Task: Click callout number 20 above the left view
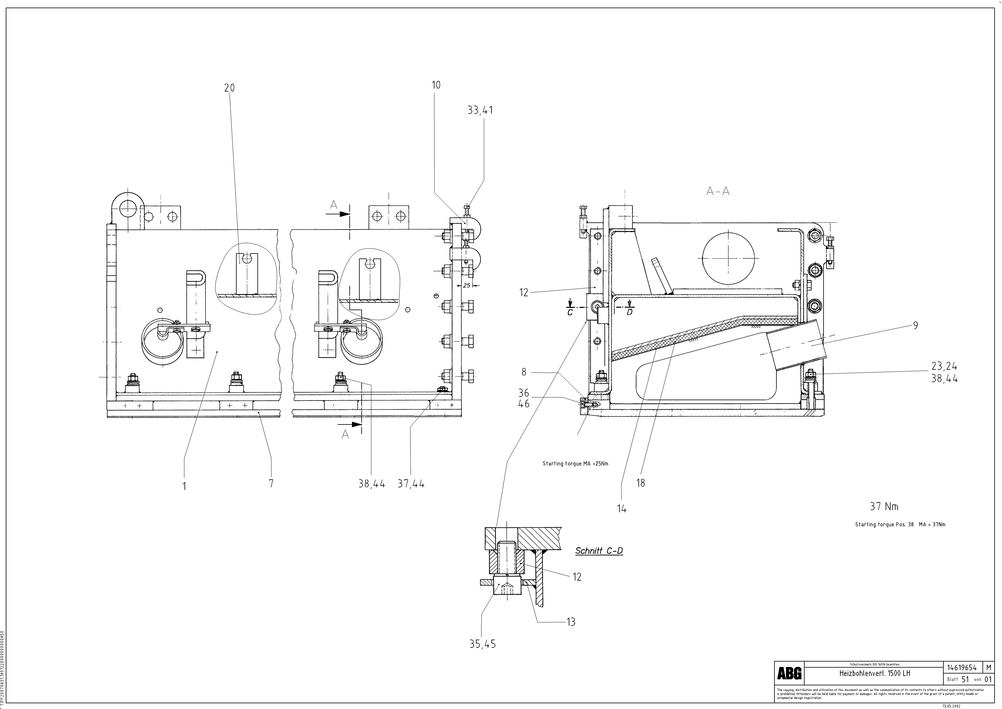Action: coord(229,88)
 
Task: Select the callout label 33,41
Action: coord(480,111)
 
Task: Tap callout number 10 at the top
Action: coord(436,85)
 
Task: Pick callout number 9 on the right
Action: coord(915,325)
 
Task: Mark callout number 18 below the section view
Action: coord(641,483)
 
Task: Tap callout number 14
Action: coord(621,508)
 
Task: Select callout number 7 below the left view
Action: coord(271,483)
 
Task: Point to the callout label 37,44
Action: coord(411,484)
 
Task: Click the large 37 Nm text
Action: coord(884,506)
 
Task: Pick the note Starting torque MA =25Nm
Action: coord(575,464)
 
